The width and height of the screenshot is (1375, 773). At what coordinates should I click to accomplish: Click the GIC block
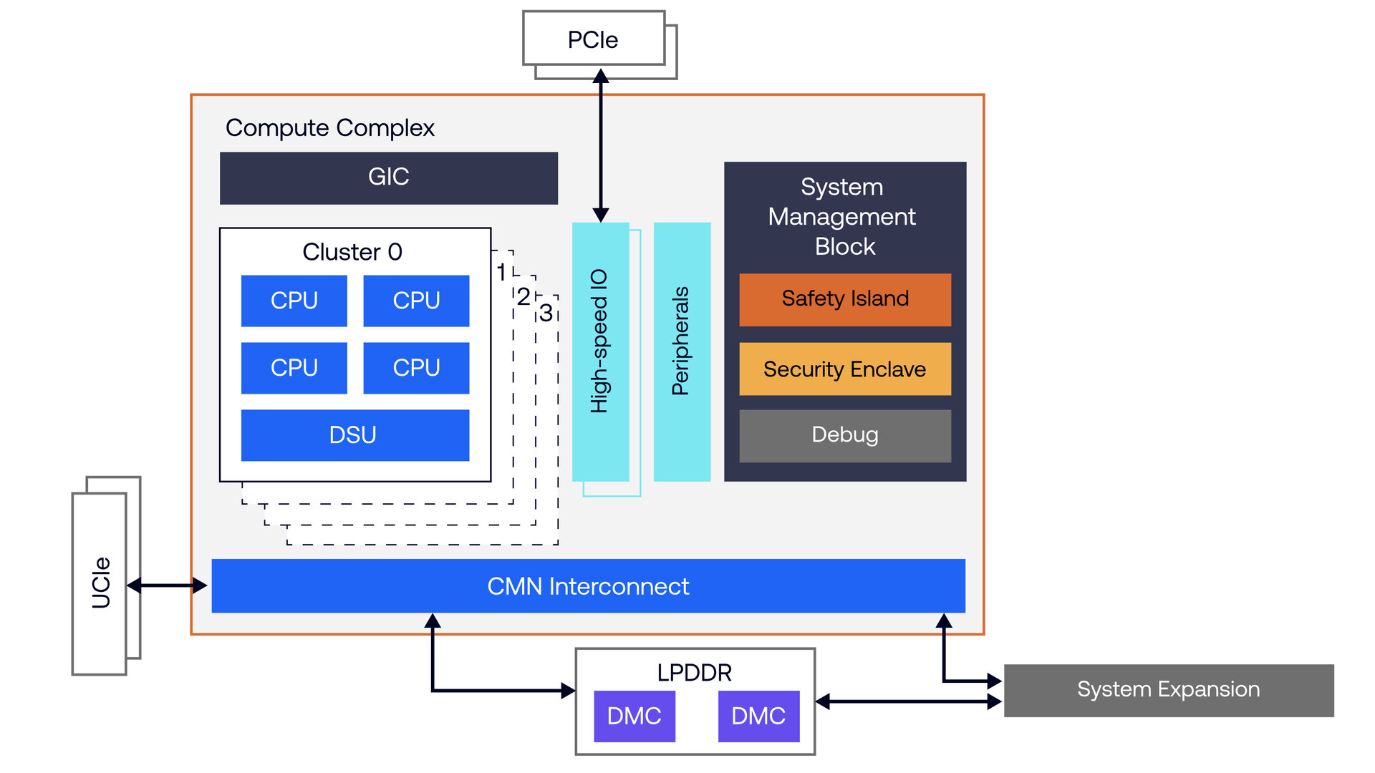(388, 178)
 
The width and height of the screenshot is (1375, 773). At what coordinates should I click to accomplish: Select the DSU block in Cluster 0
(354, 435)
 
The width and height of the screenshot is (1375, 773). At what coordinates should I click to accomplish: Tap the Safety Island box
(845, 299)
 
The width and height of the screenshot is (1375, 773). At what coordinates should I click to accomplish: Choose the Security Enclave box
(845, 369)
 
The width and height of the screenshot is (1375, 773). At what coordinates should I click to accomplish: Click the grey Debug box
(845, 435)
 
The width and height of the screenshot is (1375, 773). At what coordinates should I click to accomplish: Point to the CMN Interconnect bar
(588, 586)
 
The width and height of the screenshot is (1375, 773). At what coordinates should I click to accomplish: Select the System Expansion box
(1168, 690)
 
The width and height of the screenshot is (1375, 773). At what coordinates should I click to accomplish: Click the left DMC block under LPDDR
(635, 716)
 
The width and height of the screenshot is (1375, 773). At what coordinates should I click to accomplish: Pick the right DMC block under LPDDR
(758, 716)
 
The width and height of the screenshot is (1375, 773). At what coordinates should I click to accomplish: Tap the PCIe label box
(593, 39)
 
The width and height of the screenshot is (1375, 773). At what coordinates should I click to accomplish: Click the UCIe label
(101, 583)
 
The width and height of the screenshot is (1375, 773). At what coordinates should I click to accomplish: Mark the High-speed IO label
(599, 341)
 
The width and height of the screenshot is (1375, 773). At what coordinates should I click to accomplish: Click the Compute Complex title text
(330, 128)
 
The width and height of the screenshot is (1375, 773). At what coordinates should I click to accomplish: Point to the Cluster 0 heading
(352, 252)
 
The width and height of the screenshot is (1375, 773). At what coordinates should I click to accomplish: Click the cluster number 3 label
(546, 313)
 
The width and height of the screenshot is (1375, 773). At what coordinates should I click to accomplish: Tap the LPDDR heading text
(694, 673)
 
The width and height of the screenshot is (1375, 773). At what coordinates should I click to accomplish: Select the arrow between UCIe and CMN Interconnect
(167, 586)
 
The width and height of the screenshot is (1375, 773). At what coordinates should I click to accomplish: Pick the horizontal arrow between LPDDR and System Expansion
(908, 701)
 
